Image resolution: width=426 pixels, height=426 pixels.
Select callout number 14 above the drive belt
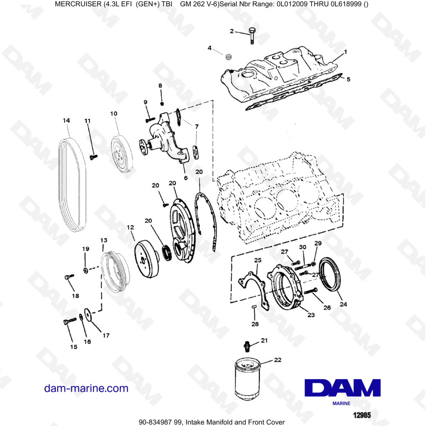pyautogui.click(x=66, y=121)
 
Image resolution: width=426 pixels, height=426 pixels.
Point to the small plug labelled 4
pyautogui.click(x=228, y=56)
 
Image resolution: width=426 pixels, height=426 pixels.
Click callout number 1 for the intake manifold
pyautogui.click(x=345, y=52)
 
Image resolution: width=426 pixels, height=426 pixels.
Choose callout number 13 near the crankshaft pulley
pyautogui.click(x=104, y=241)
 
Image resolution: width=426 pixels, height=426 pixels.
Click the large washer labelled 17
pyautogui.click(x=89, y=314)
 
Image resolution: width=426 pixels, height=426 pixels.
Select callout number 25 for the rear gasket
pyautogui.click(x=257, y=260)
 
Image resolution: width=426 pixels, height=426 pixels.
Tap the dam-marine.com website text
pyautogui.click(x=86, y=388)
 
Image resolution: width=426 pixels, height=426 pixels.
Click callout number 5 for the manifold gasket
pyautogui.click(x=348, y=79)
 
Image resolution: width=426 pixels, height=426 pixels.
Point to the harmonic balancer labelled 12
pyautogui.click(x=147, y=258)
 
